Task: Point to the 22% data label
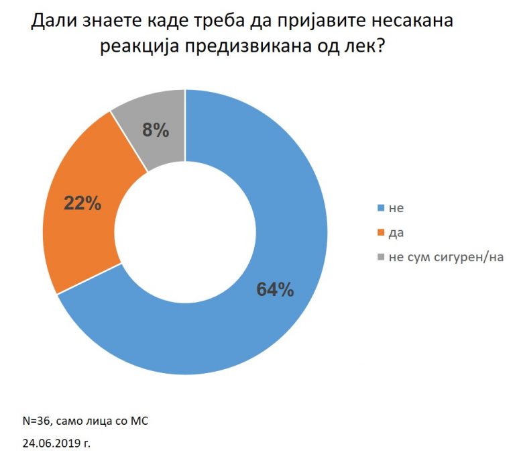(82, 203)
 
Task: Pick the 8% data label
(156, 130)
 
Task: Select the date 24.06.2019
(50, 443)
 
